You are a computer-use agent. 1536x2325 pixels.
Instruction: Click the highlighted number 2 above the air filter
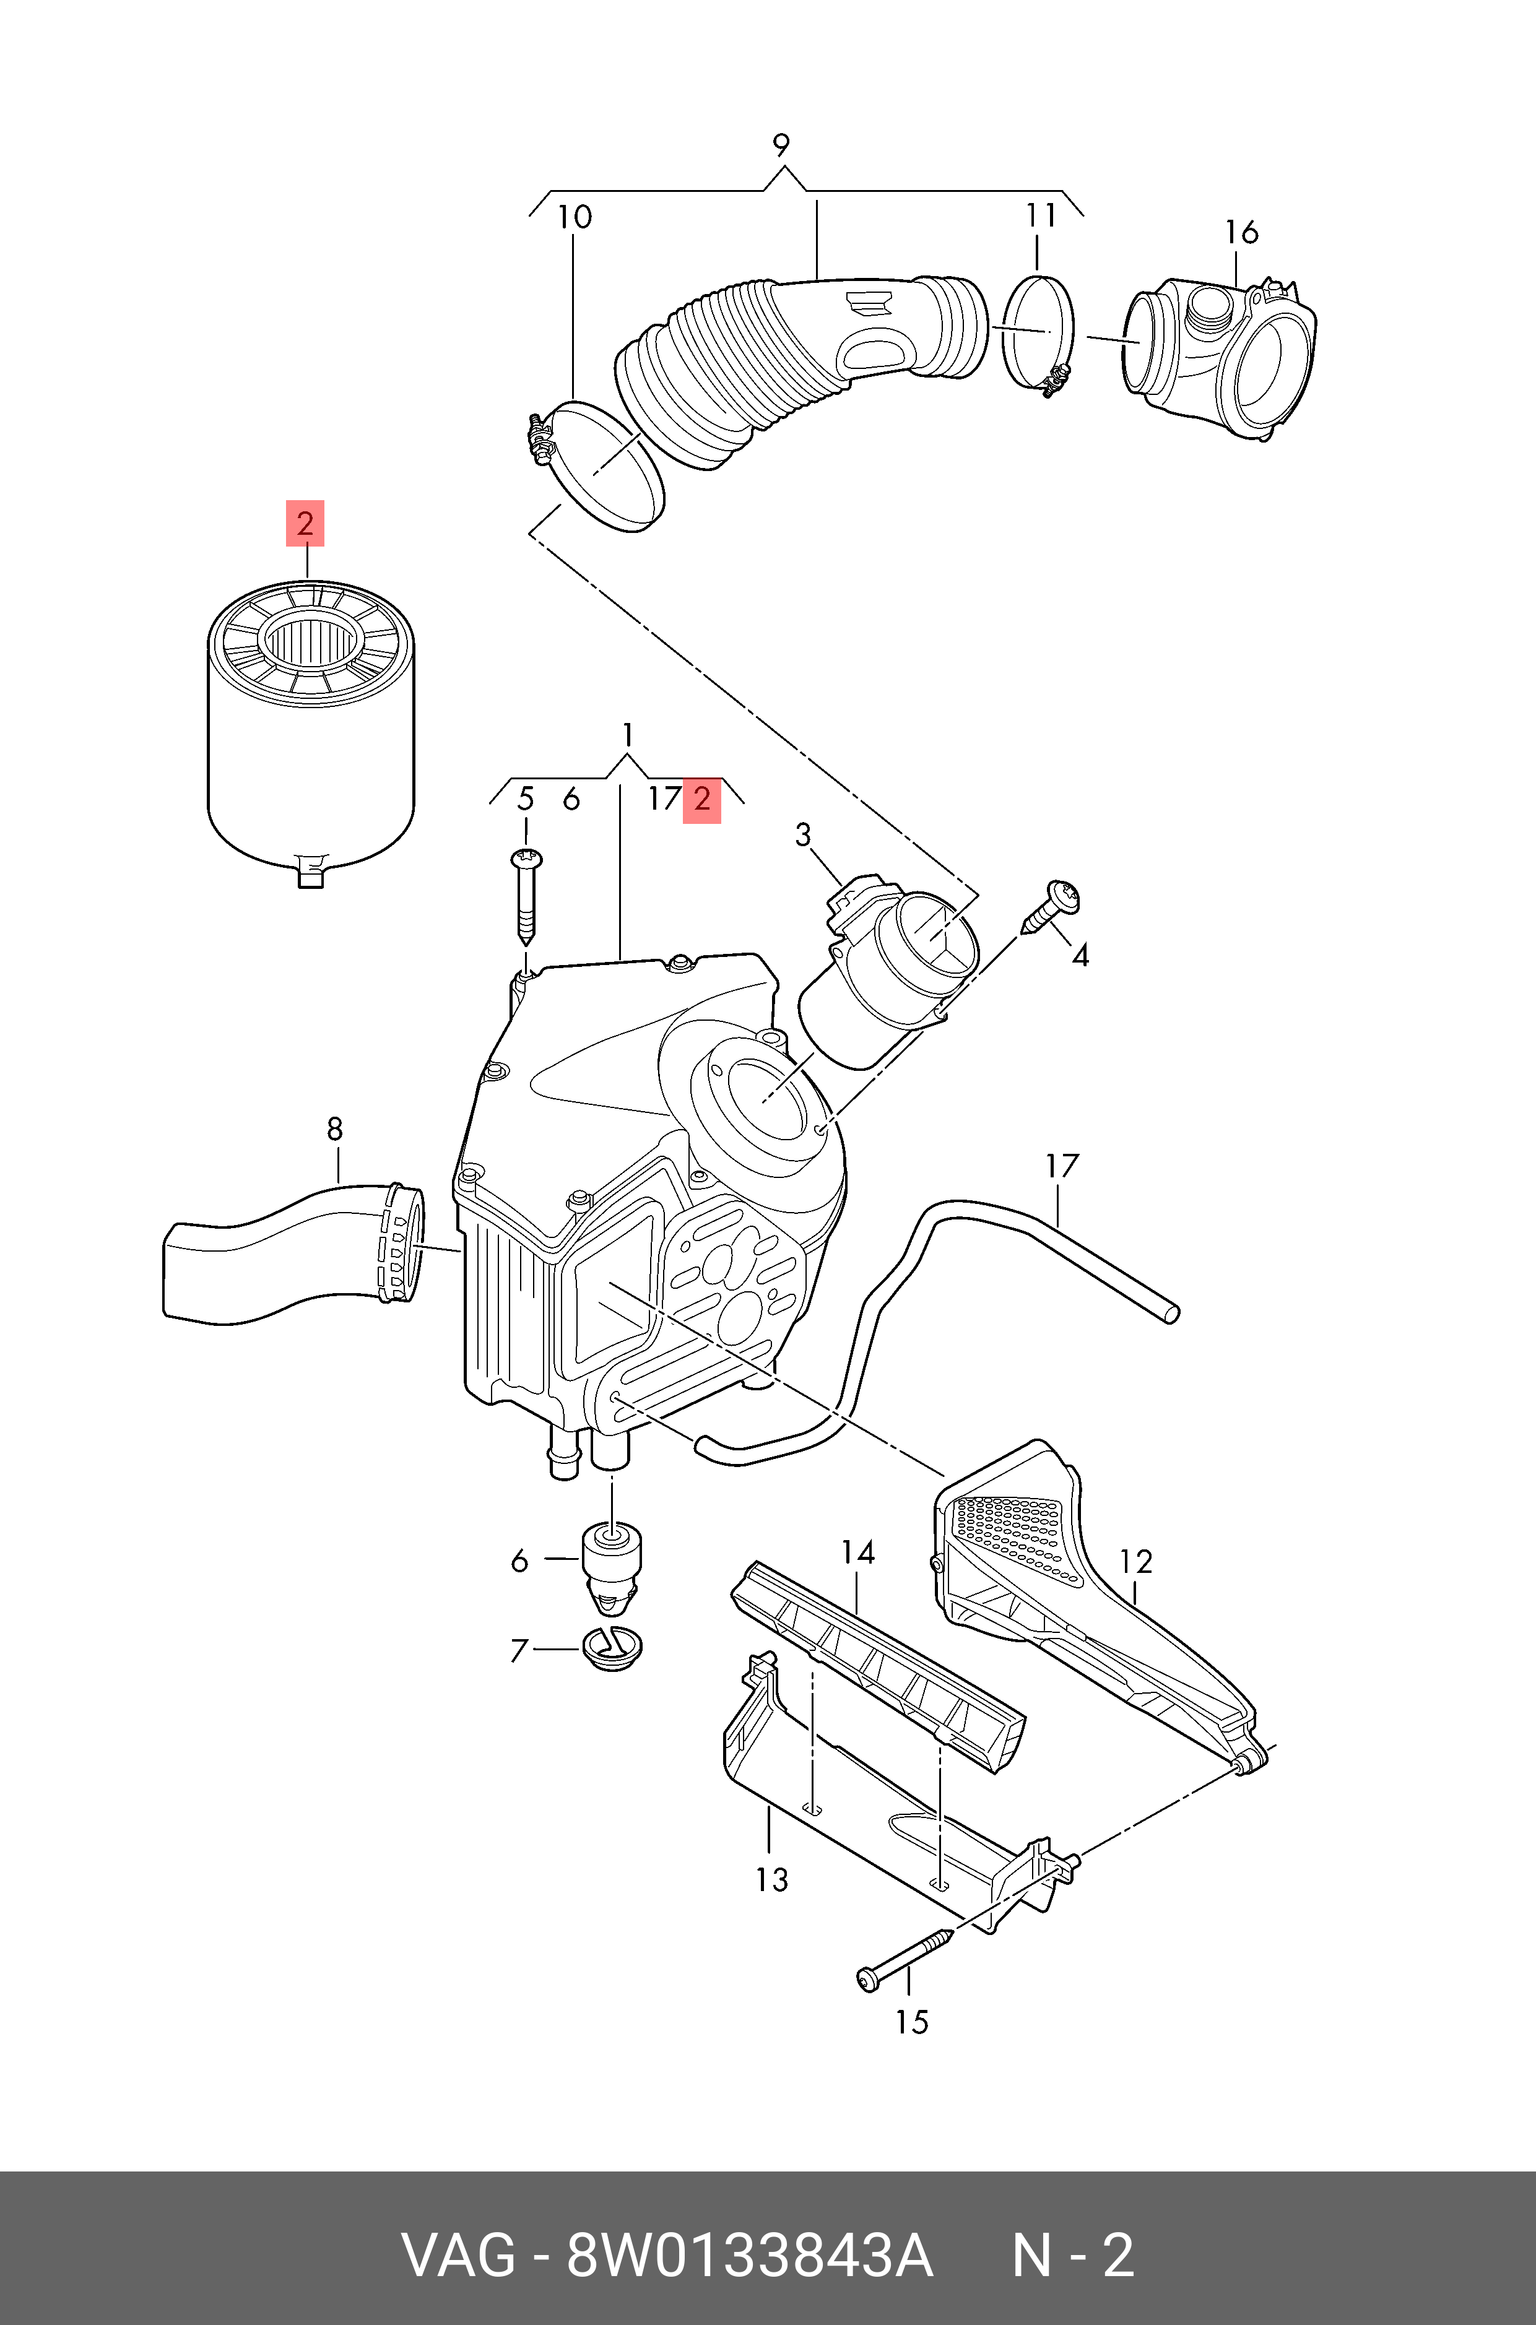point(305,523)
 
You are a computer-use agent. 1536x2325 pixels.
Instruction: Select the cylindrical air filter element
point(311,744)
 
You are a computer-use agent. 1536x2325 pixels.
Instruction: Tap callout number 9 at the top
point(781,145)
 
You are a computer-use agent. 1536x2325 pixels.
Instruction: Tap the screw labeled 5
point(527,896)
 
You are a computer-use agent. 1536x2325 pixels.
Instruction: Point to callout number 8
point(335,1129)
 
